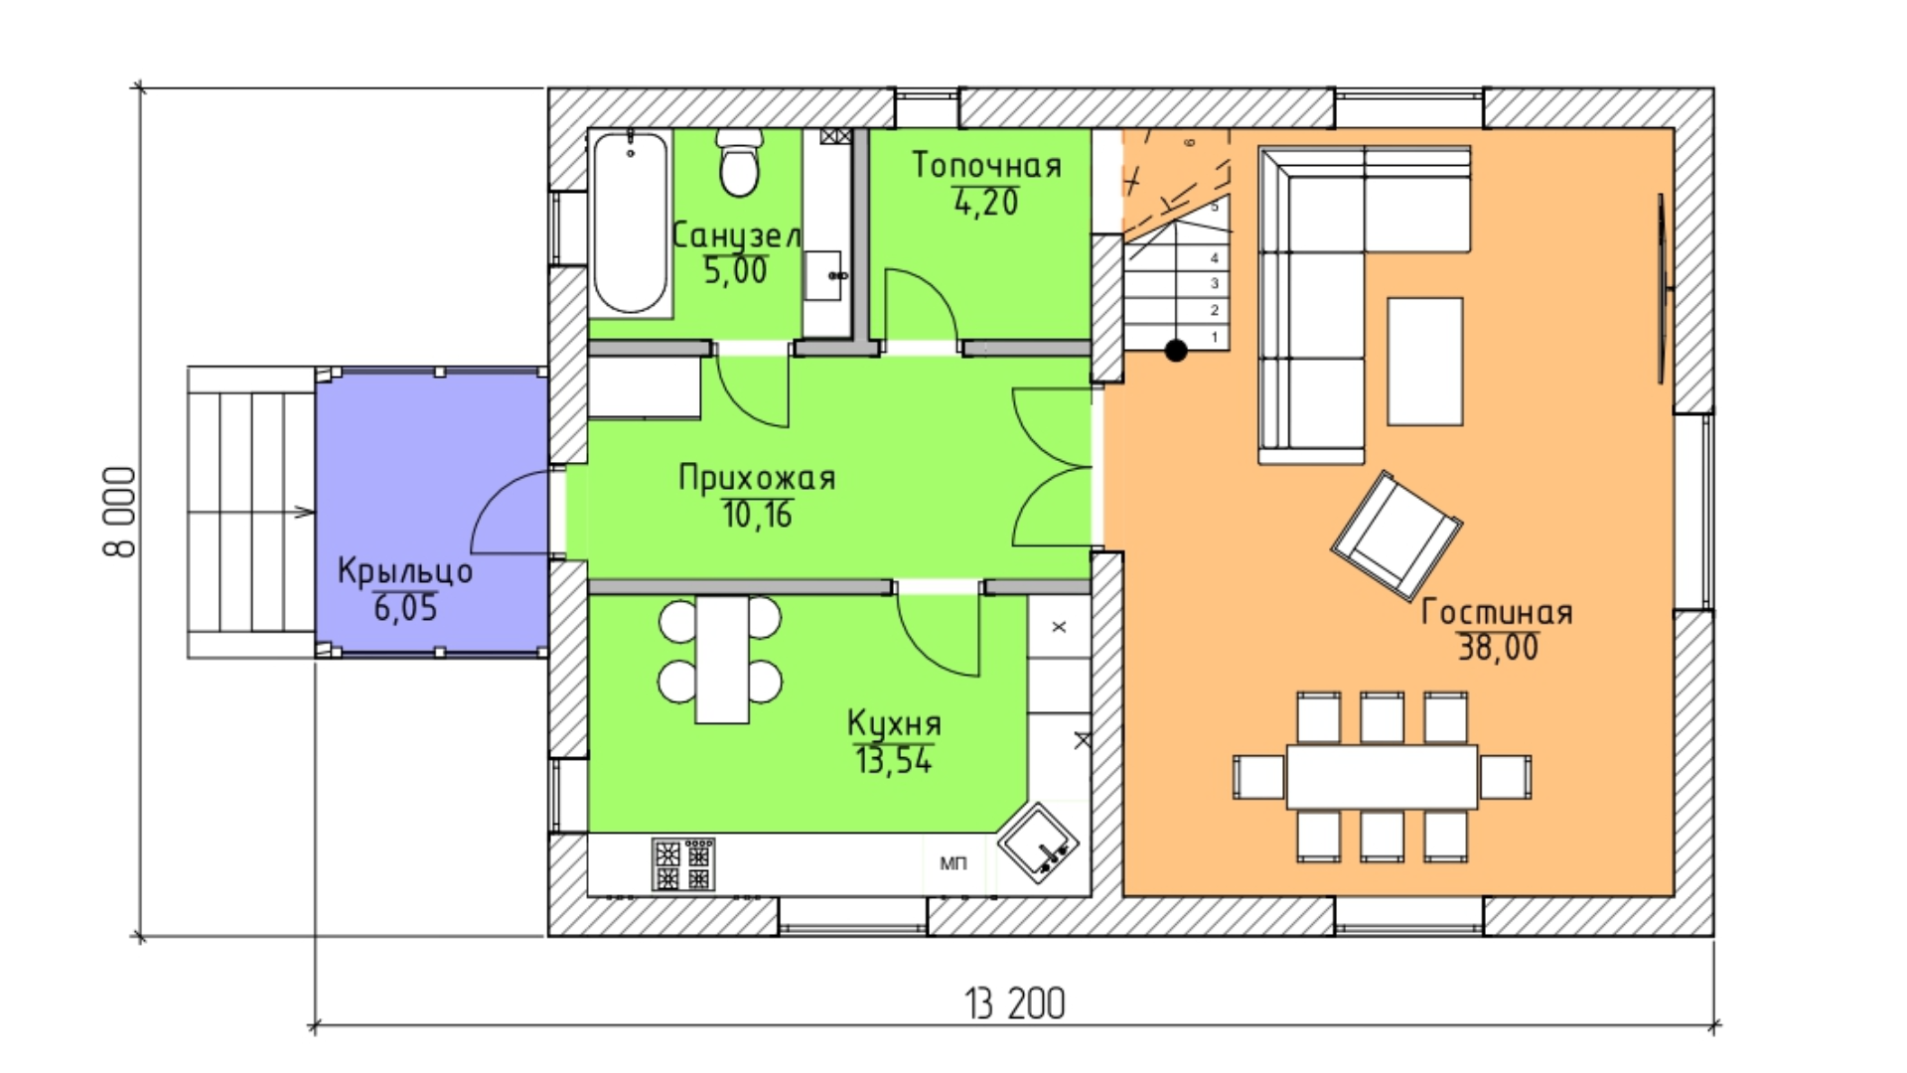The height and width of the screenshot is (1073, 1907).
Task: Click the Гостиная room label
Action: click(x=1497, y=612)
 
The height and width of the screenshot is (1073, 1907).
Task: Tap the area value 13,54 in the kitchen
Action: click(x=894, y=760)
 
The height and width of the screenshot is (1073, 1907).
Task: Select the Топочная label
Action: click(x=987, y=165)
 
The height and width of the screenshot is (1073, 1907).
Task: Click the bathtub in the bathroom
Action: click(x=631, y=224)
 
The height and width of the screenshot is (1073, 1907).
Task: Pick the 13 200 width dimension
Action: click(x=1015, y=1003)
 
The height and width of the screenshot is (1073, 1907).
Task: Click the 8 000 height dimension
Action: click(x=120, y=512)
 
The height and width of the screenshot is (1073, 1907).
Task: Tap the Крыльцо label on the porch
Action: click(x=405, y=571)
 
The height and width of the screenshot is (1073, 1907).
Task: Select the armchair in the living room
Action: click(x=1395, y=536)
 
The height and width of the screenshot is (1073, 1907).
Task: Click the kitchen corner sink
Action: click(x=1038, y=841)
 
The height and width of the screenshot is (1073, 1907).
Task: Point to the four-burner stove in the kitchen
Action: click(x=683, y=863)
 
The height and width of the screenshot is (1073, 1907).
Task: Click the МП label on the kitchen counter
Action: click(x=953, y=863)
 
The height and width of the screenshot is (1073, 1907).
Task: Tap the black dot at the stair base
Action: click(x=1176, y=350)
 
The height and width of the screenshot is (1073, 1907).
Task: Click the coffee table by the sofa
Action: click(x=1425, y=362)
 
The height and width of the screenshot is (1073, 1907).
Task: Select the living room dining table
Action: click(x=1382, y=776)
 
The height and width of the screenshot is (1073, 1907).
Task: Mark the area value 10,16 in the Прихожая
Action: click(x=757, y=515)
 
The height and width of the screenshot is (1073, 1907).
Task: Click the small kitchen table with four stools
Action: click(x=722, y=660)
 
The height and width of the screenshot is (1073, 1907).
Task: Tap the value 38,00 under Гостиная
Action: click(x=1498, y=648)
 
